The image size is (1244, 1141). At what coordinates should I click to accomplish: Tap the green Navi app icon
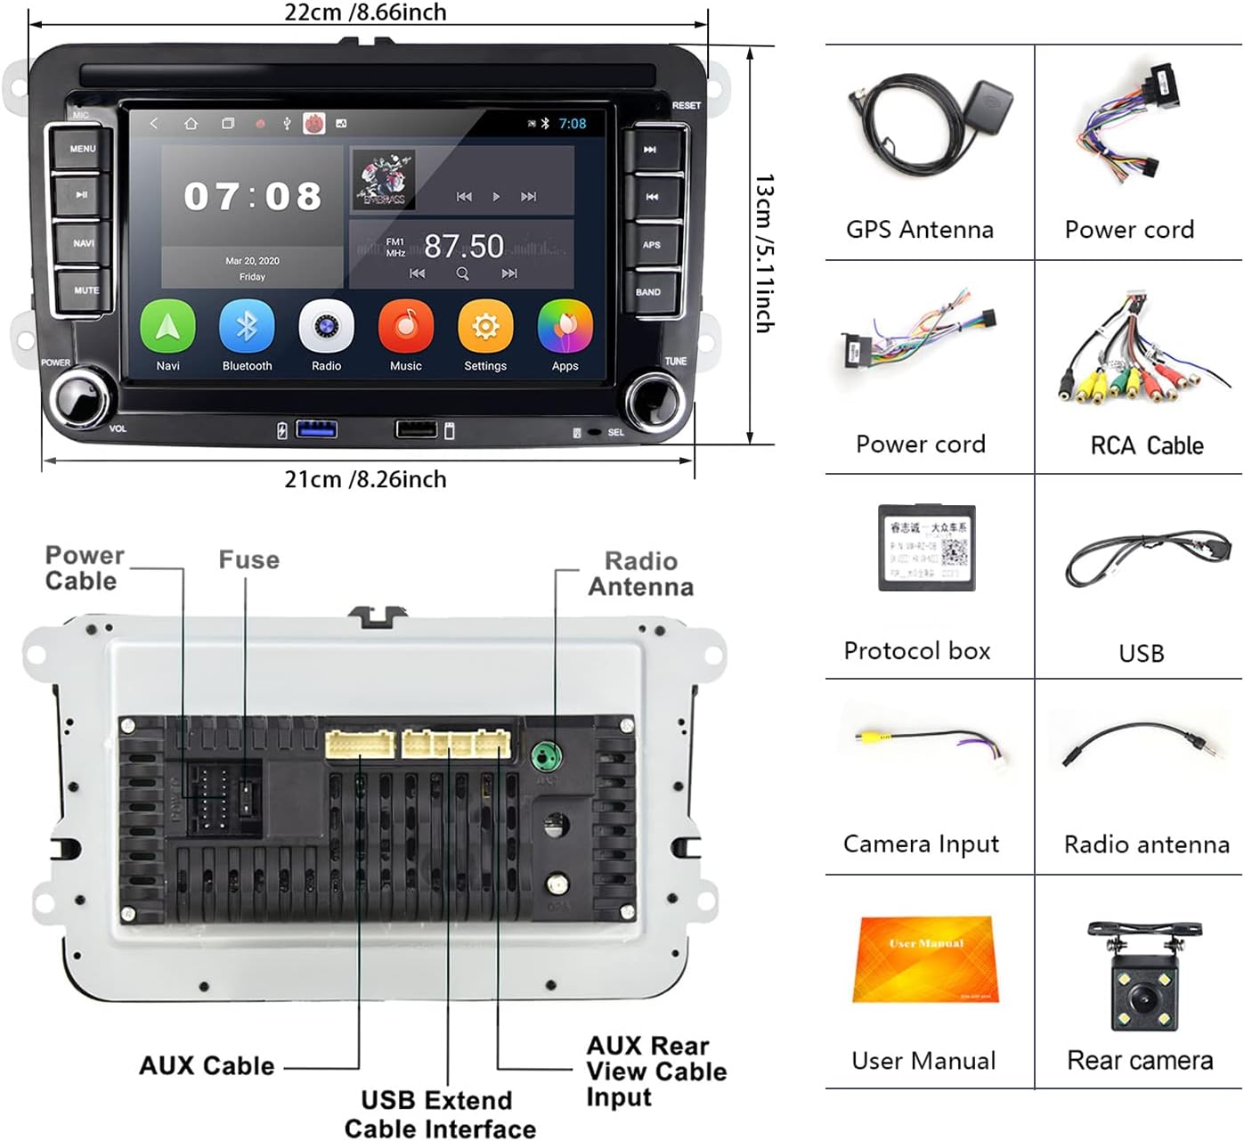[167, 328]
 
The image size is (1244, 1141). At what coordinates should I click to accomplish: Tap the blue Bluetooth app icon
[247, 328]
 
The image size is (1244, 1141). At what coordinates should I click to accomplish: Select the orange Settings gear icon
[485, 328]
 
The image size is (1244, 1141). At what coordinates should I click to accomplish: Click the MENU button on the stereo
[82, 149]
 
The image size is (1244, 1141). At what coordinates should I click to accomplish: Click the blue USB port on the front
[316, 430]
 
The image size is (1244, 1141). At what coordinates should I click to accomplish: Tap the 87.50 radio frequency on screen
[463, 246]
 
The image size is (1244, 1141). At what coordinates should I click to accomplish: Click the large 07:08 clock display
[253, 197]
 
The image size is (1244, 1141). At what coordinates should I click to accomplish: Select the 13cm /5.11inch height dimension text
[764, 253]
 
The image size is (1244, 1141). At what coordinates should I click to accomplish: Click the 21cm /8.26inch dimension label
[365, 479]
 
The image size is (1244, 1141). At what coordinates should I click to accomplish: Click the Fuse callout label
[248, 560]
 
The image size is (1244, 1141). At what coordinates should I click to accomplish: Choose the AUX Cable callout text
[207, 1066]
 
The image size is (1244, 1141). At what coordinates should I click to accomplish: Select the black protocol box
[926, 548]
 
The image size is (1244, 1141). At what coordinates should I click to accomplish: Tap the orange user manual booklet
[925, 960]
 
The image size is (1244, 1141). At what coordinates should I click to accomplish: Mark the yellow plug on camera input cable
[866, 738]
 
